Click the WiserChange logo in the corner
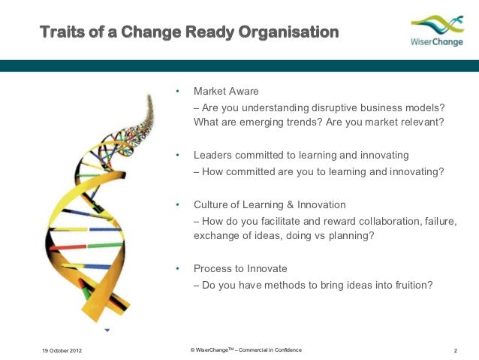point(437,31)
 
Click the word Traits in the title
point(62,32)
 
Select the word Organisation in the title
point(288,32)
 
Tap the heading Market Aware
point(226,91)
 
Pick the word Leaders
point(213,155)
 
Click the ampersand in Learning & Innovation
point(291,204)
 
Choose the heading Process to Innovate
point(240,268)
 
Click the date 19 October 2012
point(62,350)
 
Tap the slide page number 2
point(456,350)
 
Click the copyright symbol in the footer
point(192,350)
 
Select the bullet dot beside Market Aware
point(177,91)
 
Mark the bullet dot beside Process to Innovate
point(177,268)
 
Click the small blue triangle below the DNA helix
point(107,330)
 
